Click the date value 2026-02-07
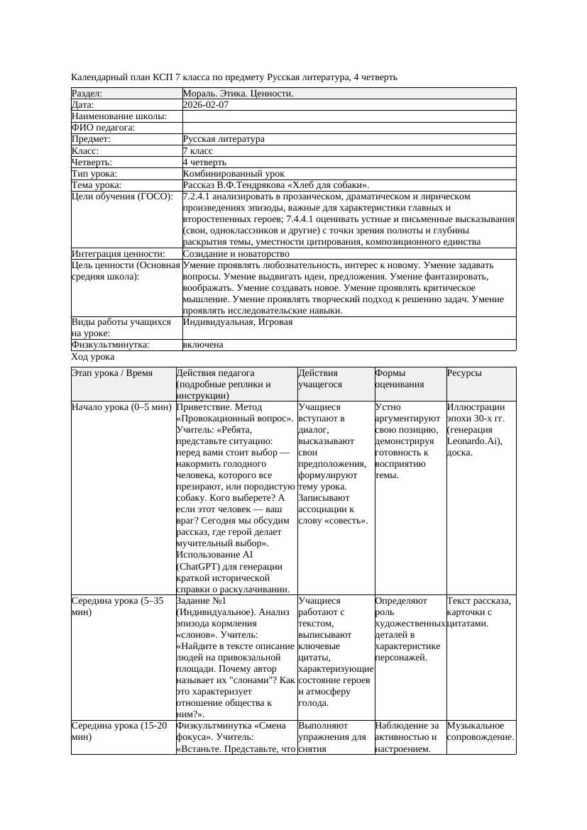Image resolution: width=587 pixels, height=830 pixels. tap(206, 105)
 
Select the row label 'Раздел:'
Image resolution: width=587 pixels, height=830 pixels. tap(87, 94)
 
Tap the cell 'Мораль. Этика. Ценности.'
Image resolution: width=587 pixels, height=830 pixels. tap(238, 94)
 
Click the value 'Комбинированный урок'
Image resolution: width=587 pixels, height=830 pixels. tap(234, 174)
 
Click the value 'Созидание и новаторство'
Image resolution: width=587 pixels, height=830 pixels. tap(236, 254)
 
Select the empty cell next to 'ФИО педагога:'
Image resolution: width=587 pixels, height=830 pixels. tap(349, 128)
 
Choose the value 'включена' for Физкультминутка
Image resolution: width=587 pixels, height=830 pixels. tap(203, 345)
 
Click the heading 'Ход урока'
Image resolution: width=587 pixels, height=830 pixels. tap(93, 357)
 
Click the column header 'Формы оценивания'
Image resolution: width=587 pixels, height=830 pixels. tap(400, 379)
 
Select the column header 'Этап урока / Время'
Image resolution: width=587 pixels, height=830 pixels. tap(112, 373)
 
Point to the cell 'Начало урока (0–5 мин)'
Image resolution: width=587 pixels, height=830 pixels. tap(121, 408)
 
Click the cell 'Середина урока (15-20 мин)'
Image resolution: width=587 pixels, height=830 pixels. tap(121, 731)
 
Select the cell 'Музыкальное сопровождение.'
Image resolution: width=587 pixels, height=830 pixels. tap(481, 731)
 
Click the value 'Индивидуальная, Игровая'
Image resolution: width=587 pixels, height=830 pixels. tap(237, 322)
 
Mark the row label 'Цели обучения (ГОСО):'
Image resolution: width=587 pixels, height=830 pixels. tap(122, 197)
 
